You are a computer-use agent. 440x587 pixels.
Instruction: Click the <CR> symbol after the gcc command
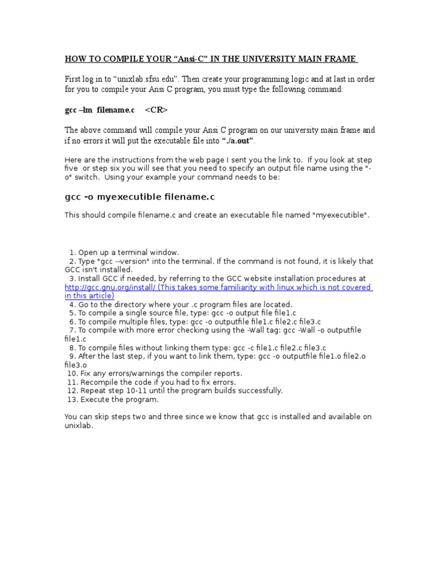click(156, 109)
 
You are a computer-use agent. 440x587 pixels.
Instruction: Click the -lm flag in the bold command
click(86, 109)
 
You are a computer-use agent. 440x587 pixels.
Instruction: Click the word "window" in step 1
click(163, 252)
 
